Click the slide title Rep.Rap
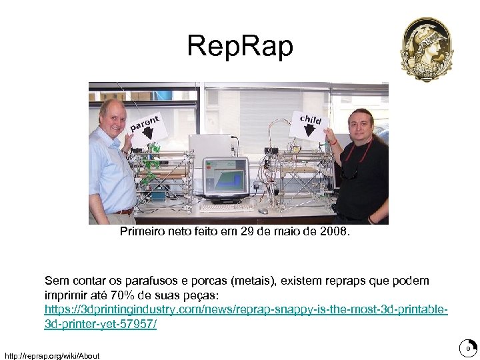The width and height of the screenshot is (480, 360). [239, 47]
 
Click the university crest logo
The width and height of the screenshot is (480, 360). [427, 49]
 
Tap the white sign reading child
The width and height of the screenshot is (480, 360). [309, 125]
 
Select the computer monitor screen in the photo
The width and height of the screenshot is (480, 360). [226, 176]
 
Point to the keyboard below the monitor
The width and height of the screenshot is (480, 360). [227, 207]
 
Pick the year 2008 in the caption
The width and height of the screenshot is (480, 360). [334, 233]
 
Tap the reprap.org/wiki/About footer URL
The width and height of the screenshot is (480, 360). [51, 355]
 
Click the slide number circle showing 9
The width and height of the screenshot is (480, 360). [468, 348]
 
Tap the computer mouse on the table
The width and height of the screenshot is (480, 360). [263, 211]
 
